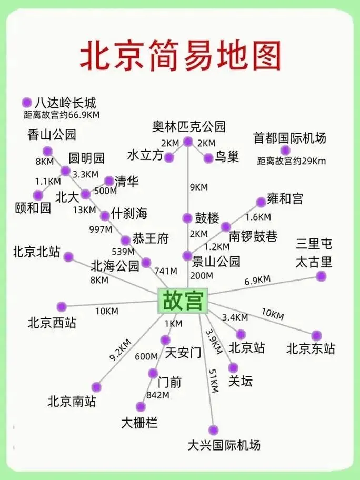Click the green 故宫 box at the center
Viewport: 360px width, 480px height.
(182, 301)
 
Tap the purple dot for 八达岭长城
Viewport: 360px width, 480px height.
(27, 102)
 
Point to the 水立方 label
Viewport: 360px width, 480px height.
(145, 156)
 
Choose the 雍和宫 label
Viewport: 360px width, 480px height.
(285, 199)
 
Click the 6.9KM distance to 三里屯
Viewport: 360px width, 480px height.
(257, 280)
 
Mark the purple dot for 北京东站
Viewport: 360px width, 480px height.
(316, 335)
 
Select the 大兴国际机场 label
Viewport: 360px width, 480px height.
(224, 445)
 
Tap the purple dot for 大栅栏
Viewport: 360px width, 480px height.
(141, 406)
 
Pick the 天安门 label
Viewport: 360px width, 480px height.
(183, 353)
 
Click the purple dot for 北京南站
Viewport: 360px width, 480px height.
(96, 387)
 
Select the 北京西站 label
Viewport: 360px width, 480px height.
(52, 323)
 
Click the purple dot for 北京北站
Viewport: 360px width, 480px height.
(68, 257)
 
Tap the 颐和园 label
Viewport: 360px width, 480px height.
(33, 207)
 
